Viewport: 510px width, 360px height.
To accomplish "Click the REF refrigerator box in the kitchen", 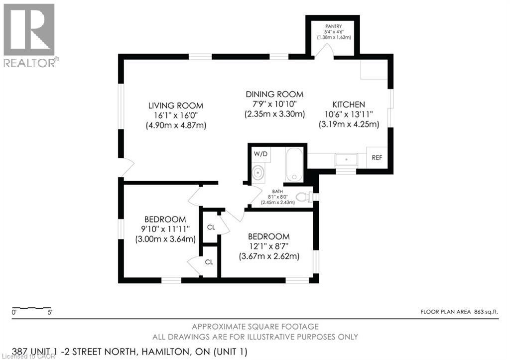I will (377, 158).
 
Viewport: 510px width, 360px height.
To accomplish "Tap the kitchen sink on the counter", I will (346, 160).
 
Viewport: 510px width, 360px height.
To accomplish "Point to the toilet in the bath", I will (304, 198).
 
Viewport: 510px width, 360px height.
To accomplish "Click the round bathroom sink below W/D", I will (258, 173).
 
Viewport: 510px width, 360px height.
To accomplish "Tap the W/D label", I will (260, 153).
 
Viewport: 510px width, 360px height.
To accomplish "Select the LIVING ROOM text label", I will (175, 106).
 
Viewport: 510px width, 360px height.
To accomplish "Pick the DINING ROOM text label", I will (274, 94).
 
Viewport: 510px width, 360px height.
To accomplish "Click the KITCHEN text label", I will (349, 105).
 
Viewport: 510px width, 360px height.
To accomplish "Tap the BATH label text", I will (277, 191).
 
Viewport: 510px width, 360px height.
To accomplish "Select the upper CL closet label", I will (211, 227).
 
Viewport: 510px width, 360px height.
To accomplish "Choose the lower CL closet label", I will (209, 261).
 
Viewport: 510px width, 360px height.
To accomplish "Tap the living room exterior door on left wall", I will (127, 167).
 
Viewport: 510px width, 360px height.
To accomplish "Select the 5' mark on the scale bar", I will (49, 313).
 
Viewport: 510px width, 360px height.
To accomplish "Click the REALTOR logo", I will (30, 35).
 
